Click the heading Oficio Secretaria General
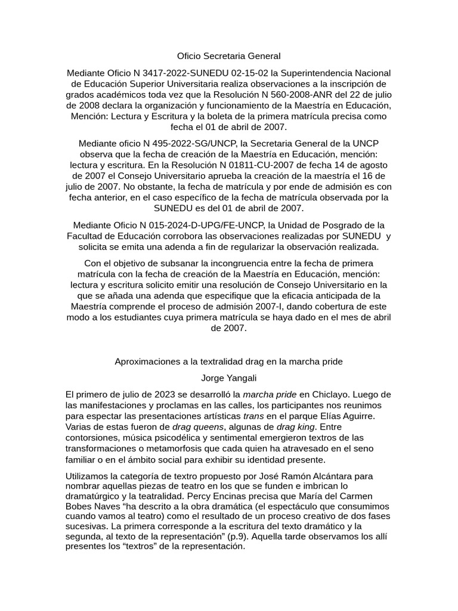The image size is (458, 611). coord(229,56)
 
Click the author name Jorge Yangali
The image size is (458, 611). coord(229,378)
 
